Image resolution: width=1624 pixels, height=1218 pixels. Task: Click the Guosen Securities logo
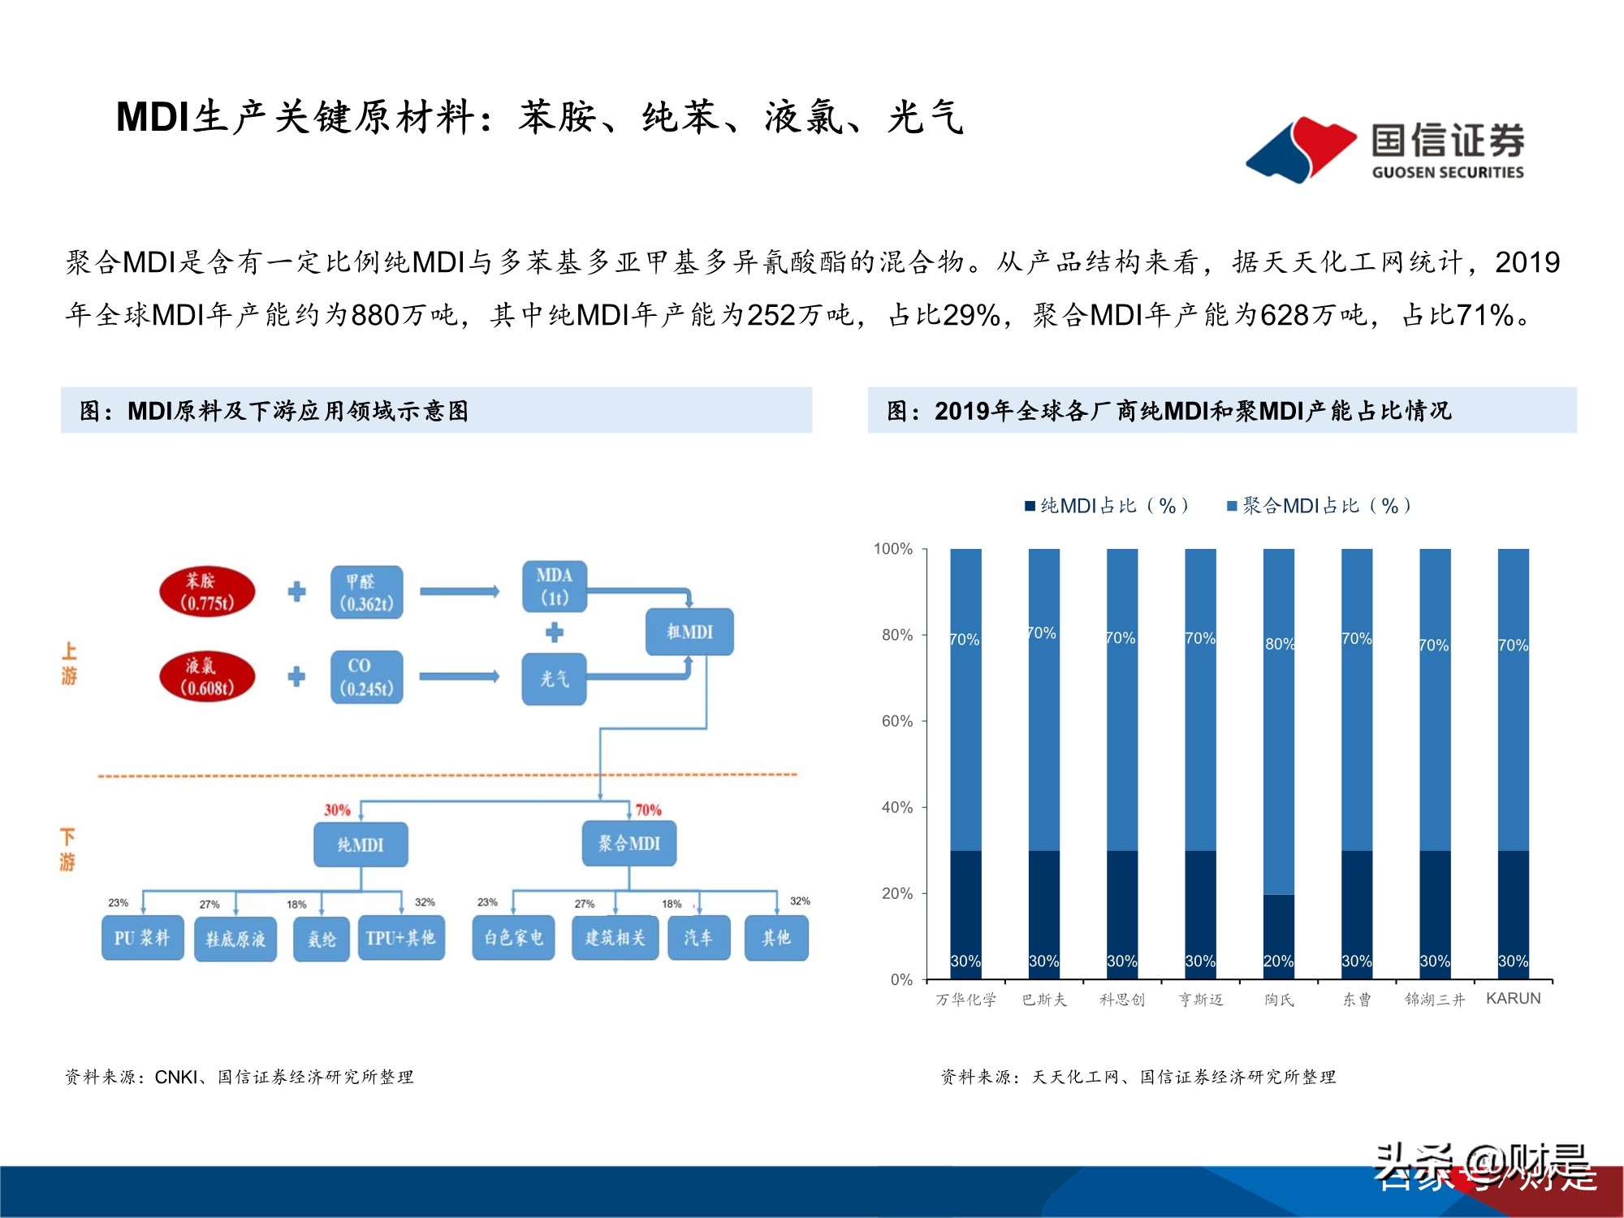click(1384, 149)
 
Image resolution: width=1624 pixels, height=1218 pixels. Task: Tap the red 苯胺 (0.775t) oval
click(207, 592)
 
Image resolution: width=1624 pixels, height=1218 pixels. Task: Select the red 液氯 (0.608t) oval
click(207, 677)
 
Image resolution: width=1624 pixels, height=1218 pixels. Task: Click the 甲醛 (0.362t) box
click(366, 593)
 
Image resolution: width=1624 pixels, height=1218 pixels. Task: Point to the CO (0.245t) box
click(366, 677)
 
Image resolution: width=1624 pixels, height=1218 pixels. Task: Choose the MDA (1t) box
click(555, 586)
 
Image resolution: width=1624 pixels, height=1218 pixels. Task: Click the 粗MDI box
click(689, 632)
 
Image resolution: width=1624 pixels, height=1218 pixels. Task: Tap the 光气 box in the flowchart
click(554, 679)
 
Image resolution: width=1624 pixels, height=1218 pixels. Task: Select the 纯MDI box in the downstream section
click(361, 844)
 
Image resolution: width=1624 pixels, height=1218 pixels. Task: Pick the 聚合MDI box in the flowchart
click(629, 844)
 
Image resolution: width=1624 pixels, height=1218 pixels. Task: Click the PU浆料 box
click(142, 939)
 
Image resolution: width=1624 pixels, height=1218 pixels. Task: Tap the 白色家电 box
click(513, 939)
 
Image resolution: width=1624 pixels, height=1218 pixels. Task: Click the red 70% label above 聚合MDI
click(648, 810)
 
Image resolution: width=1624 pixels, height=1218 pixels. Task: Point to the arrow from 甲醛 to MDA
click(459, 591)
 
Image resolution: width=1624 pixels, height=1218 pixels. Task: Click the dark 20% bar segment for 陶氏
click(1279, 934)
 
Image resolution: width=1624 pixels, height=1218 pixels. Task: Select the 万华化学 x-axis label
click(965, 1000)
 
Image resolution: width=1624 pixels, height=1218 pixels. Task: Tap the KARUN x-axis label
click(1513, 999)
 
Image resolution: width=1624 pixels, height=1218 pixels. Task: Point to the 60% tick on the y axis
click(897, 721)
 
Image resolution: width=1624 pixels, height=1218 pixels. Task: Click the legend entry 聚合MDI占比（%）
click(1319, 506)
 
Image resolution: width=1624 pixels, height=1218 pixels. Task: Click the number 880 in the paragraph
click(376, 315)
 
